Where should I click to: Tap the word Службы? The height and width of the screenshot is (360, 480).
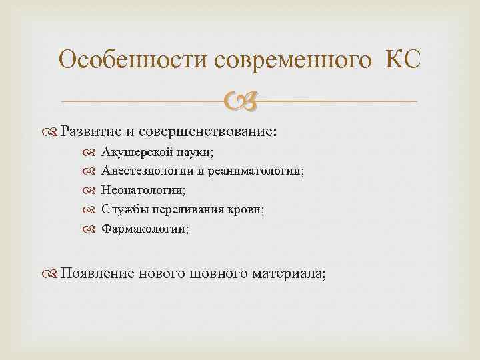coord(121,210)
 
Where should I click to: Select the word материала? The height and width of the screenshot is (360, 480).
coord(290,273)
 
